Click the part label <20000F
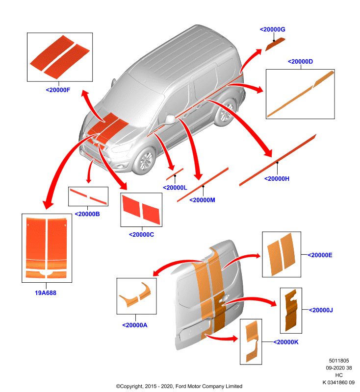click(58, 90)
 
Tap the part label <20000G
click(272, 29)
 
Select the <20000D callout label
click(301, 62)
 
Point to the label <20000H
click(277, 179)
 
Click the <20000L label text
click(175, 188)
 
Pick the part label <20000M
click(202, 200)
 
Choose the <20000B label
click(87, 214)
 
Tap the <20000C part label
click(141, 235)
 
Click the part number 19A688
click(46, 293)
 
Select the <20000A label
click(135, 325)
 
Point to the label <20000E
click(320, 255)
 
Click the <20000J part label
click(321, 310)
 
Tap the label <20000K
click(286, 342)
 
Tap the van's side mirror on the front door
click(170, 119)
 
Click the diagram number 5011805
click(339, 361)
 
